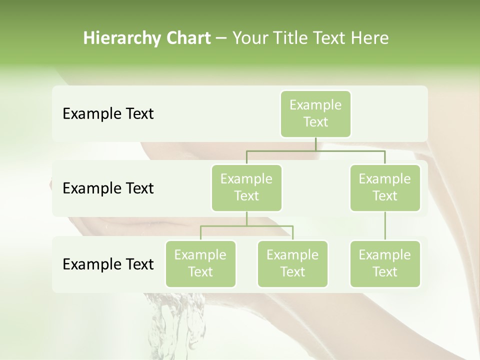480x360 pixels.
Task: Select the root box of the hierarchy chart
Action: coord(315,113)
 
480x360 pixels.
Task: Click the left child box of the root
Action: coord(246,187)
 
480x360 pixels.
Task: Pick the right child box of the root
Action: coord(385,187)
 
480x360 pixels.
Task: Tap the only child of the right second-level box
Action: coord(385,263)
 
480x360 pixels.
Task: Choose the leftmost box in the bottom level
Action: coord(200,263)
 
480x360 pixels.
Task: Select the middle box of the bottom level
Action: coord(292,263)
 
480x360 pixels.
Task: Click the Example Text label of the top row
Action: coord(108,113)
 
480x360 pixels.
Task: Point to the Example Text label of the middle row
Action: coord(108,188)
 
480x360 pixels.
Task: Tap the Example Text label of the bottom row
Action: coord(108,264)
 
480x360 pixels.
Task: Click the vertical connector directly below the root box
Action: coord(315,144)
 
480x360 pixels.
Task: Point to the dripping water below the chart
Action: coord(172,325)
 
